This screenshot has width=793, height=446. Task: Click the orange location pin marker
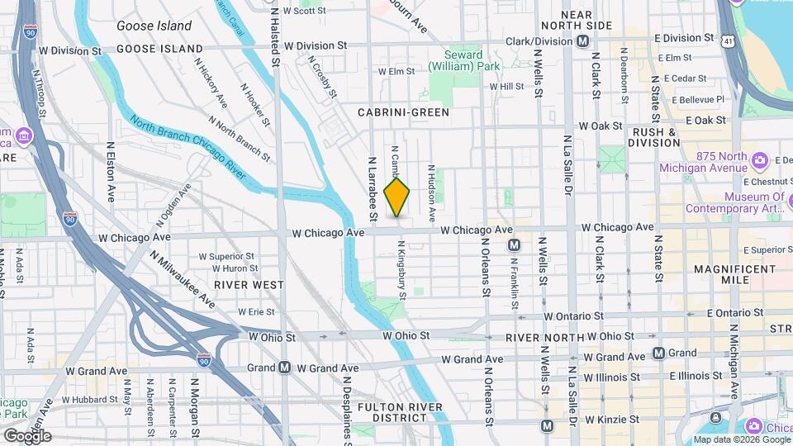tap(397, 197)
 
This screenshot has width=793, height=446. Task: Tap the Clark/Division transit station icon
tap(582, 40)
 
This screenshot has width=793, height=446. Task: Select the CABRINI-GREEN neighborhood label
tap(403, 111)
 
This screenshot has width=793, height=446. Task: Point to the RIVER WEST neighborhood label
tap(249, 284)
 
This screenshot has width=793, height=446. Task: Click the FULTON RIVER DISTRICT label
tap(401, 412)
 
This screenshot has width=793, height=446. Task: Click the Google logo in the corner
tap(27, 436)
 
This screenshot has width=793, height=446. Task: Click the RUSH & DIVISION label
tap(657, 137)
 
